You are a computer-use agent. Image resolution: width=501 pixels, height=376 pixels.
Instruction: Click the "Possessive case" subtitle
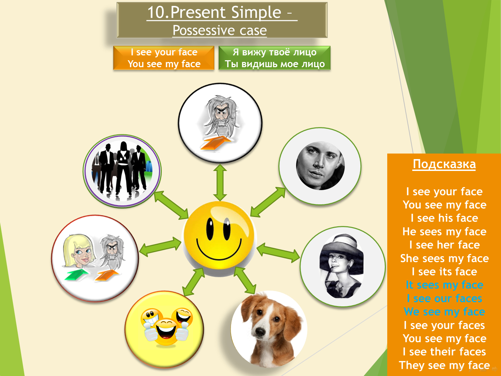tap(220, 30)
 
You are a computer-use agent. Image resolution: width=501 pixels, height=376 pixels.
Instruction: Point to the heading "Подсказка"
tap(444, 164)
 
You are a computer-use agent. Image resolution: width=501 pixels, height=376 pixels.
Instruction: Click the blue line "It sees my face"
tap(444, 285)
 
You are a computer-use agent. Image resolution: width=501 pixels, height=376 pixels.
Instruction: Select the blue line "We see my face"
tap(444, 312)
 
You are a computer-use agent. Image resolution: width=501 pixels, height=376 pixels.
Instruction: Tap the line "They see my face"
tap(444, 365)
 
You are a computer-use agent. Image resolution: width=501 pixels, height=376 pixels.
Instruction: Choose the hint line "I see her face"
tap(444, 245)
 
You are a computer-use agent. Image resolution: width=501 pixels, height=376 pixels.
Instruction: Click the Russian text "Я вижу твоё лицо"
tap(275, 52)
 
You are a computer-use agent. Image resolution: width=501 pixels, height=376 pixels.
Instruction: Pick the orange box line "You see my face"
tap(164, 64)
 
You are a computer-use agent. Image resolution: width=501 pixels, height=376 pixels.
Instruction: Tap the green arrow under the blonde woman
tap(77, 274)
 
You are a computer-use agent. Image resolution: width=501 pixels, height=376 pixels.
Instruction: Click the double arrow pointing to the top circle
tap(220, 183)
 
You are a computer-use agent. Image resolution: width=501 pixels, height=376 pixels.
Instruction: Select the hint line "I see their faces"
tap(444, 352)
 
